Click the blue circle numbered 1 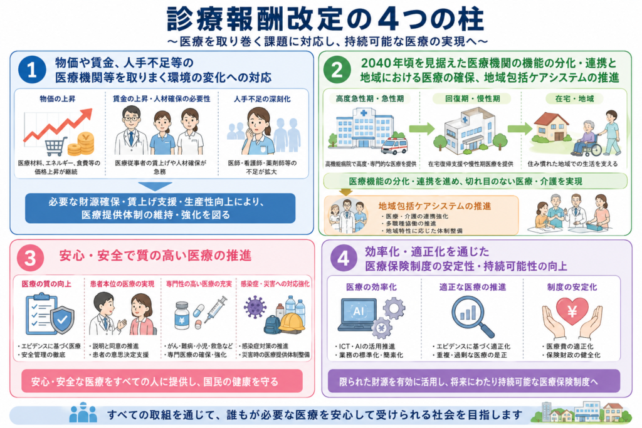pyautogui.click(x=32, y=70)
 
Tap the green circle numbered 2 pyautogui.click(x=337, y=70)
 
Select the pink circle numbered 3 pyautogui.click(x=30, y=258)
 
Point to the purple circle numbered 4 pyautogui.click(x=344, y=258)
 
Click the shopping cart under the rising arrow pyautogui.click(x=56, y=145)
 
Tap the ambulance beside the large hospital pyautogui.click(x=394, y=145)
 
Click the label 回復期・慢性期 pyautogui.click(x=472, y=98)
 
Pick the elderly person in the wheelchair pyautogui.click(x=586, y=138)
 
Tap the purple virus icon pyautogui.click(x=255, y=307)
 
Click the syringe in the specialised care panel pyautogui.click(x=216, y=308)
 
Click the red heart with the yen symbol pyautogui.click(x=572, y=311)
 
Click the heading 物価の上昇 pyautogui.click(x=57, y=99)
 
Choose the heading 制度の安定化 pyautogui.click(x=572, y=287)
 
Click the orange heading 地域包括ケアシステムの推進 pyautogui.click(x=434, y=206)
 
